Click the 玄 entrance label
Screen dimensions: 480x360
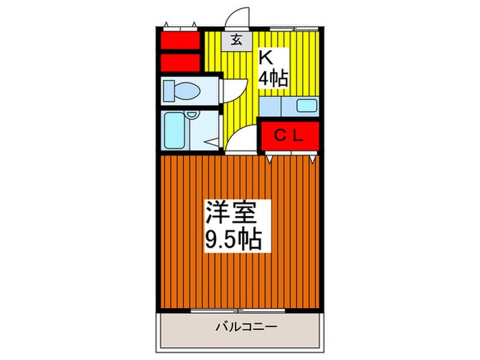click(x=236, y=40)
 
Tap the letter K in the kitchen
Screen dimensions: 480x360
click(x=266, y=57)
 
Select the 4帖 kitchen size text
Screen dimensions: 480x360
click(x=273, y=79)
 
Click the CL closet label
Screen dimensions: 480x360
click(x=289, y=136)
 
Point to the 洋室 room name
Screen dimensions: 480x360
click(x=231, y=213)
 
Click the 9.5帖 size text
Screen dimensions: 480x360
click(x=233, y=240)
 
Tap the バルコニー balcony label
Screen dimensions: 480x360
click(x=246, y=327)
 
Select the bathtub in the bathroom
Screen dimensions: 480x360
click(x=173, y=130)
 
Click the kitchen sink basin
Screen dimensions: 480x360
click(x=307, y=106)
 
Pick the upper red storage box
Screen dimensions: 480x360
click(x=180, y=40)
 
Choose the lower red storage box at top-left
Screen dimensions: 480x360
click(x=180, y=62)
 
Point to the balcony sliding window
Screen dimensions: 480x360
click(x=238, y=311)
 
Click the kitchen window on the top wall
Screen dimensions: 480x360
click(x=294, y=29)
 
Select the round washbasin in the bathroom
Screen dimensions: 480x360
click(x=192, y=115)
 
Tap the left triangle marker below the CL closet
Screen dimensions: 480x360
click(x=269, y=159)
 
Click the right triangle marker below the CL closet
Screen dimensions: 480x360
click(x=312, y=159)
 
